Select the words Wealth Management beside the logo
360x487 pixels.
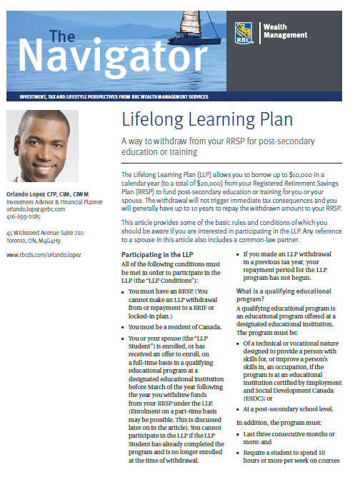click(286, 31)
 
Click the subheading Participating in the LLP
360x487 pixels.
click(158, 254)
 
